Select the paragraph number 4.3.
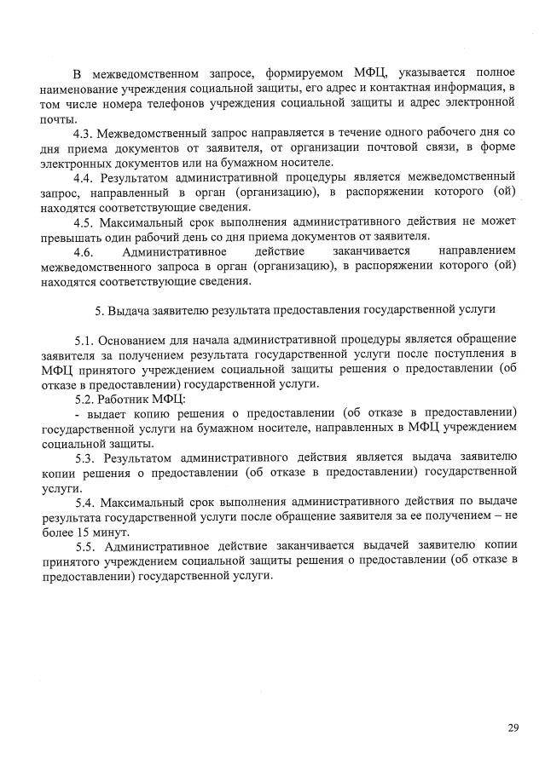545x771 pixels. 84,135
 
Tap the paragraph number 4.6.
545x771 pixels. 84,252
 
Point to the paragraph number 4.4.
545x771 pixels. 84,179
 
